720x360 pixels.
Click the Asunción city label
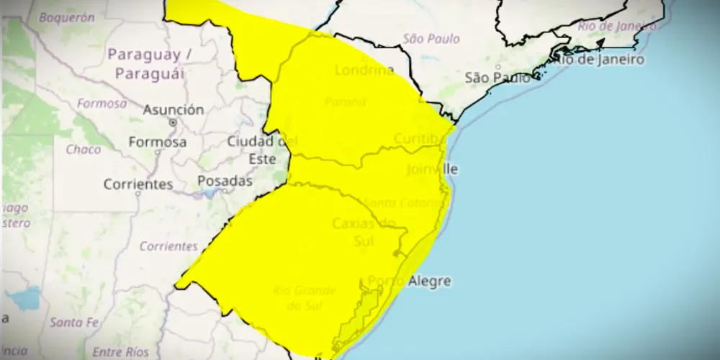[173, 110]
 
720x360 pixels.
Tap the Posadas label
[225, 181]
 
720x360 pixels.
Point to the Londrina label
[364, 71]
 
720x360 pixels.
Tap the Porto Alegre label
[409, 281]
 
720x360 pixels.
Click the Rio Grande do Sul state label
[305, 297]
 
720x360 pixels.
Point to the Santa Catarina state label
[395, 201]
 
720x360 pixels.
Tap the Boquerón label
[66, 17]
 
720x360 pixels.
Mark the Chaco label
[83, 150]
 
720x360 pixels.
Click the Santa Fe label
[75, 321]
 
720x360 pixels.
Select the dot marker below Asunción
[173, 123]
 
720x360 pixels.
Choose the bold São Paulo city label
[498, 77]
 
